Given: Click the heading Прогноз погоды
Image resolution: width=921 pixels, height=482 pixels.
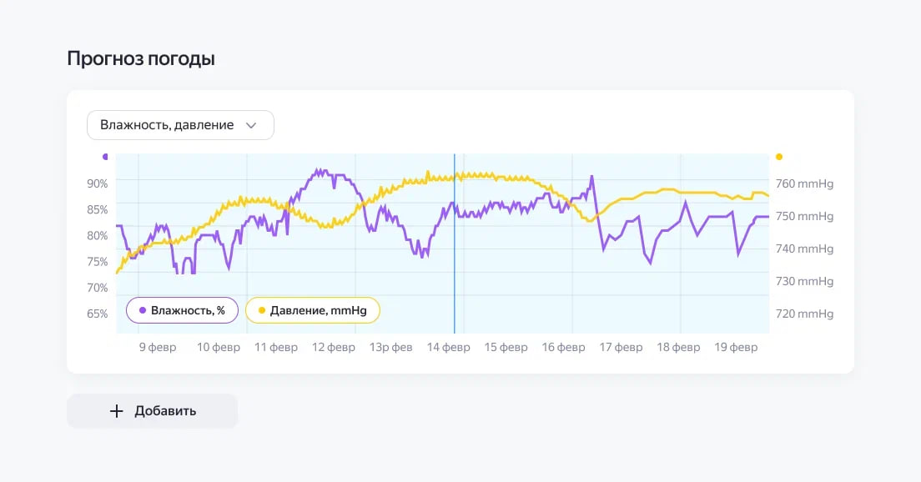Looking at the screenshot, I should coord(141,59).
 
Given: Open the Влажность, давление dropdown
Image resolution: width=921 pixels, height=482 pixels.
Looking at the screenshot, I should coord(180,125).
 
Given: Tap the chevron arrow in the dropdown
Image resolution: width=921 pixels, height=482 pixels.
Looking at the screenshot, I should coord(250,125).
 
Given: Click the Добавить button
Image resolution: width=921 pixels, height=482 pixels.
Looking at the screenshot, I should coord(152,411).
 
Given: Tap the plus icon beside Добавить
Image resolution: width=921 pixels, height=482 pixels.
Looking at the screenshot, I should coord(117,411).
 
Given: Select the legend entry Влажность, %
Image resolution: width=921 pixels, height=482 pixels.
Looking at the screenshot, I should coord(182,310).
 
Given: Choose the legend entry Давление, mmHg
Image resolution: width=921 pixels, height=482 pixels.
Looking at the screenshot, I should coord(312,310).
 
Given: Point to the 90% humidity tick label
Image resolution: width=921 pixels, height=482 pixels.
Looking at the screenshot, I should coord(98,183).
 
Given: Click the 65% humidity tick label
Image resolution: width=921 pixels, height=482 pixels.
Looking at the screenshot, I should coord(98,314).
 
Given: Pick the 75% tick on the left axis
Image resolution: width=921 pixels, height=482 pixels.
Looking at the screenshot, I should coord(98,262).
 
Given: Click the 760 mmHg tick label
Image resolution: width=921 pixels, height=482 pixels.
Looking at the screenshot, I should coord(804,184).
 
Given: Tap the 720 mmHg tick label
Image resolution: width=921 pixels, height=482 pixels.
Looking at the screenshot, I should coord(804,314).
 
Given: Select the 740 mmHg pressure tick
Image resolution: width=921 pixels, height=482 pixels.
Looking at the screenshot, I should coord(804,249).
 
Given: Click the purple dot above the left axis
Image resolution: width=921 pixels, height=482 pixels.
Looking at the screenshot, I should coord(105,156).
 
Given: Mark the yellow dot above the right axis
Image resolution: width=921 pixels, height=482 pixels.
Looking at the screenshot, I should coord(779,156).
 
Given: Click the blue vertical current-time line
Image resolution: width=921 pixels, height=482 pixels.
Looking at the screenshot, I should coord(455,250).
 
